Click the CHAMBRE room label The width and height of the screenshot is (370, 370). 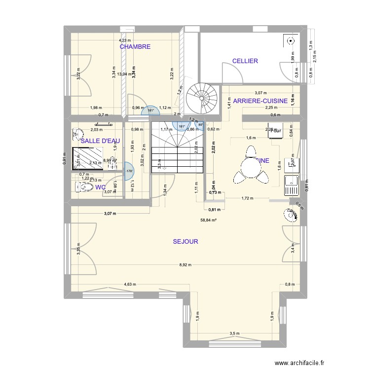click(135, 46)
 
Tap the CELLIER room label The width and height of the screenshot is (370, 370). click(245, 61)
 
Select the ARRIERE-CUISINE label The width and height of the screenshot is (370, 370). click(260, 101)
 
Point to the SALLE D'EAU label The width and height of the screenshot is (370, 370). click(100, 141)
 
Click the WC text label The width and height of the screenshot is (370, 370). click(100, 187)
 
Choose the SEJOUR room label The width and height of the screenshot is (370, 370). click(185, 242)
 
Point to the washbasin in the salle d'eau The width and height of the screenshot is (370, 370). click(77, 134)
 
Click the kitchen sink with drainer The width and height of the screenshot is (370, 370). click(291, 185)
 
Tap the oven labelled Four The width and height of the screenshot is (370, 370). click(275, 130)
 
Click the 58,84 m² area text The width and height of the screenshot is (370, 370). click(209, 221)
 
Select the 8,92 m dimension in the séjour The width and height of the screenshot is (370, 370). click(185, 265)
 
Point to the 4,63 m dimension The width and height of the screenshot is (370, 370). click(130, 284)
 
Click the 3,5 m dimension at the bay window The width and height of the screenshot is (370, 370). click(234, 334)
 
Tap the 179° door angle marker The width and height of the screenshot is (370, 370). click(130, 171)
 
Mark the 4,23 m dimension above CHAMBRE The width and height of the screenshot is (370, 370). click(125, 40)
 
